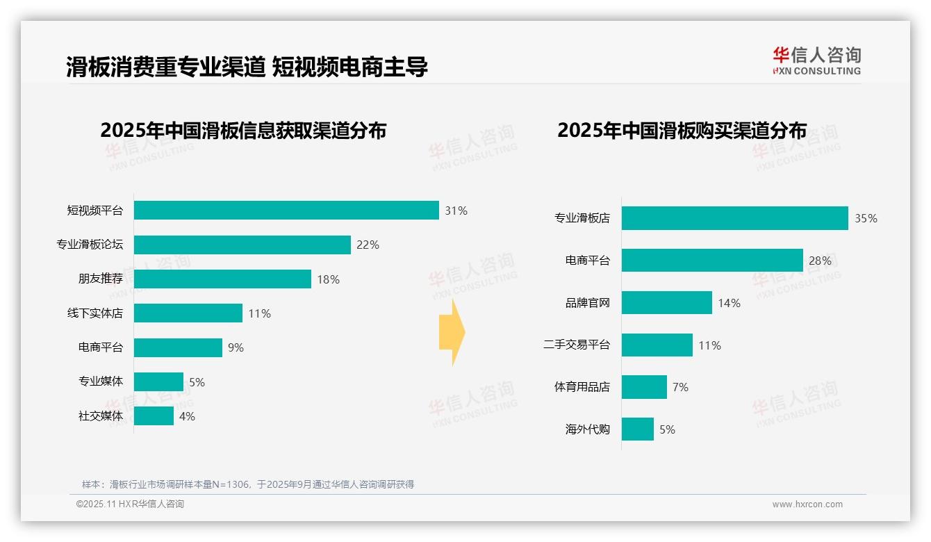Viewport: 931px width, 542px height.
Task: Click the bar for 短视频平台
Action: (x=286, y=211)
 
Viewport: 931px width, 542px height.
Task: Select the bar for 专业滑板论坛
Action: (x=242, y=245)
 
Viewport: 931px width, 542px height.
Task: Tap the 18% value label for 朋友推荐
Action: (x=328, y=279)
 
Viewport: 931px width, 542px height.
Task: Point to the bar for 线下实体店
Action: (x=188, y=313)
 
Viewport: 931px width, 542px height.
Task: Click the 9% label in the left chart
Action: (x=236, y=347)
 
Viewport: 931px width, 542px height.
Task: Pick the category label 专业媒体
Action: (x=101, y=381)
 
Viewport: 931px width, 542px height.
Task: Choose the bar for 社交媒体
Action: (x=154, y=416)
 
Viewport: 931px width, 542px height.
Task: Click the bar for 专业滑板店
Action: (x=734, y=218)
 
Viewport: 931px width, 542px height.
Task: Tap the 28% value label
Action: (x=820, y=261)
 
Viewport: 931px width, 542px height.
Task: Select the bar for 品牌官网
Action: (x=666, y=303)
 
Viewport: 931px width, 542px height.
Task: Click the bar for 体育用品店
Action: (x=644, y=387)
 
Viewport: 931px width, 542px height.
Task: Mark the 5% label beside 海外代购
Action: (x=667, y=429)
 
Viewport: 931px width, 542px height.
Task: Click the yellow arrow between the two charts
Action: (x=452, y=333)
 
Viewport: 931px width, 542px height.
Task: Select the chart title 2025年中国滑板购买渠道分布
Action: (x=682, y=131)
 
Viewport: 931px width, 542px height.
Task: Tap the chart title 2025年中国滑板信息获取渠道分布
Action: (x=243, y=131)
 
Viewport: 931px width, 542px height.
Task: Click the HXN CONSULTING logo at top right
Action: (x=816, y=61)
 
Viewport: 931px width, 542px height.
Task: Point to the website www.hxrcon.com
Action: (x=807, y=504)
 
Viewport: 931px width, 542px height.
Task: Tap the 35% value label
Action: (x=866, y=218)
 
